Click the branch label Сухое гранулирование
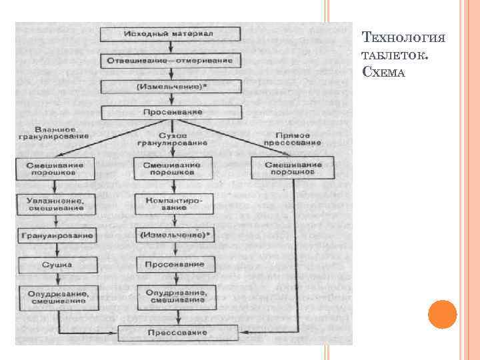(x=172, y=139)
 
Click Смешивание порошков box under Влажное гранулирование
(x=56, y=168)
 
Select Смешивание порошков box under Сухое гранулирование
(x=172, y=168)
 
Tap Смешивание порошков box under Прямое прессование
(x=293, y=168)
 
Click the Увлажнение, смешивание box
(x=56, y=204)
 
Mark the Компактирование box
(x=172, y=203)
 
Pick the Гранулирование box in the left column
(x=56, y=236)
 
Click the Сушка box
(x=56, y=265)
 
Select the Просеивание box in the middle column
(x=172, y=265)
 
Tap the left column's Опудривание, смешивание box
(x=56, y=295)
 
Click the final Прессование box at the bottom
(x=177, y=332)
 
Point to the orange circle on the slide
(x=442, y=314)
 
